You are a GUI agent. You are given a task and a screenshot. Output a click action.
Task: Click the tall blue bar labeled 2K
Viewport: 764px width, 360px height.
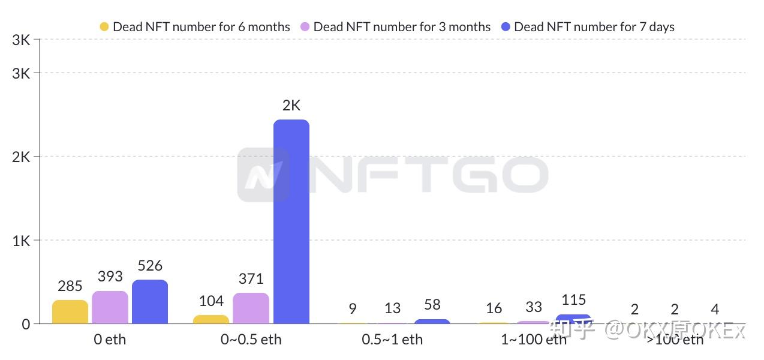click(x=291, y=222)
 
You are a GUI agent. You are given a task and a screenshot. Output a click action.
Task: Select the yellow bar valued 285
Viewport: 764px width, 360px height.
click(x=70, y=312)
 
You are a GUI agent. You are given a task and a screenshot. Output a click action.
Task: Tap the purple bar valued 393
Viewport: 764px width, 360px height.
click(x=110, y=307)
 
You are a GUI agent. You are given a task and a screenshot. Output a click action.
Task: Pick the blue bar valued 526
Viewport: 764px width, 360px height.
click(x=150, y=302)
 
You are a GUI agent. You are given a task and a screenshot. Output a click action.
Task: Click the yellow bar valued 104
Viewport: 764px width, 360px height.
click(x=211, y=319)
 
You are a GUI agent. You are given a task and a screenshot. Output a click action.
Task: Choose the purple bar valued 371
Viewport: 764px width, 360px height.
click(x=251, y=308)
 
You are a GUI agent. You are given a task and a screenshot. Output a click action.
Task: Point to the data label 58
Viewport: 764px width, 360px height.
click(x=432, y=305)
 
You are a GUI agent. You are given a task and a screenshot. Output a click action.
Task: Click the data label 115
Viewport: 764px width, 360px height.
click(x=573, y=299)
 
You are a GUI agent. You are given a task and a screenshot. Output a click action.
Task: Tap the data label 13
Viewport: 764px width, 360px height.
click(x=392, y=308)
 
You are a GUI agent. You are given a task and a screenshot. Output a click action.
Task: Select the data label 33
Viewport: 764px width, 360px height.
click(x=534, y=307)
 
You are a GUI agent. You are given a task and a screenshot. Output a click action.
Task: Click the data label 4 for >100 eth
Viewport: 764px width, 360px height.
click(x=715, y=310)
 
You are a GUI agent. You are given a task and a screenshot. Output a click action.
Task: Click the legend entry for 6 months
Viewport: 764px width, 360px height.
click(x=195, y=27)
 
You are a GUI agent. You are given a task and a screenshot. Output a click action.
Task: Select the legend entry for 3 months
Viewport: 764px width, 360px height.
click(x=395, y=27)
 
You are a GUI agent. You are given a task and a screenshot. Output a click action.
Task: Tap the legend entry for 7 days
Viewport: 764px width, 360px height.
click(x=588, y=27)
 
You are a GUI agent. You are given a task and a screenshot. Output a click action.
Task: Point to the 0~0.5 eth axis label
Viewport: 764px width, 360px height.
click(x=251, y=340)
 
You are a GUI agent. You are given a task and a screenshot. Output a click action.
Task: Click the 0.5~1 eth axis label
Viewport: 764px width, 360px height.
click(x=392, y=340)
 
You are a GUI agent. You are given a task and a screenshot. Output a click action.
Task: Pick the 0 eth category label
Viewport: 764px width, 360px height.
click(x=110, y=340)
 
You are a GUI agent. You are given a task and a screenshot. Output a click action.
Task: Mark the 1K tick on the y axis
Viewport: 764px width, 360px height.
click(x=21, y=241)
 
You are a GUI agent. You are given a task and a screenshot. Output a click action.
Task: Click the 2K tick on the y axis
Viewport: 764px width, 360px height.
click(x=21, y=157)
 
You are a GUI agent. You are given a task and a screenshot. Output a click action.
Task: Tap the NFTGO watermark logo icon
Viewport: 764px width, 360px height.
click(x=263, y=175)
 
